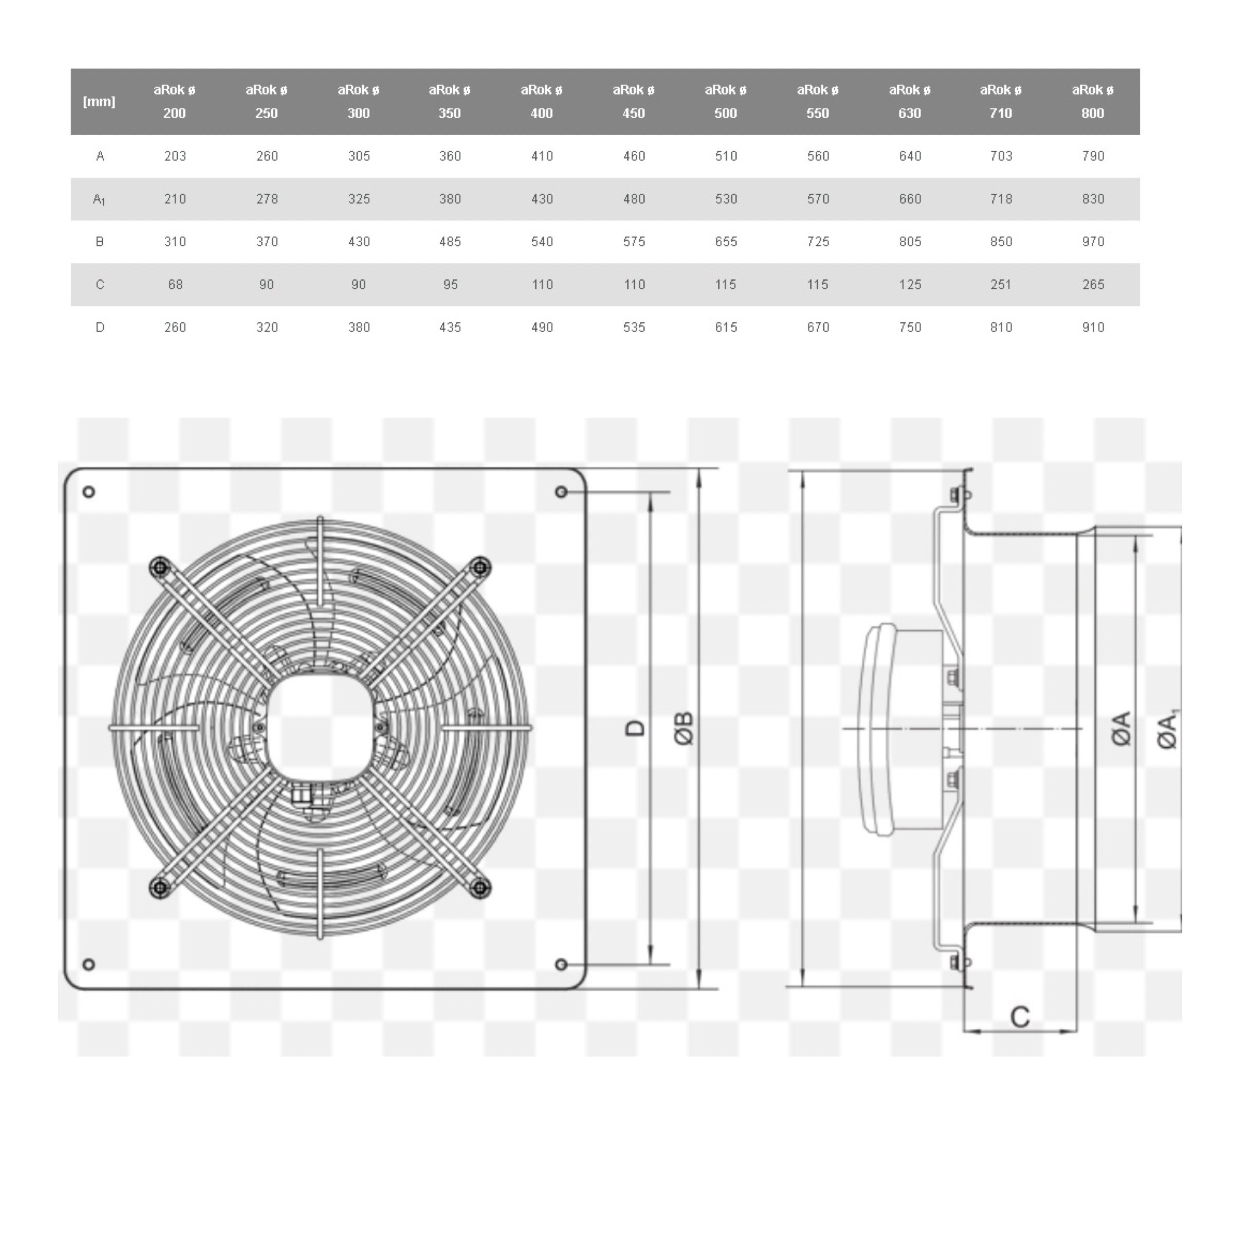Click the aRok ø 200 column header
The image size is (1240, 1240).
175,101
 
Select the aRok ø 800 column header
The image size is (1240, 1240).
1092,101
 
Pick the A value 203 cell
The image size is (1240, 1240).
175,156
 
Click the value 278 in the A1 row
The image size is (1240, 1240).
267,199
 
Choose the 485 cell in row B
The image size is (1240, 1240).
450,242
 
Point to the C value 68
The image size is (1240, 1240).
175,284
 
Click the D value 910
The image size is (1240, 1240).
1093,327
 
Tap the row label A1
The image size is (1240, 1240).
99,199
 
